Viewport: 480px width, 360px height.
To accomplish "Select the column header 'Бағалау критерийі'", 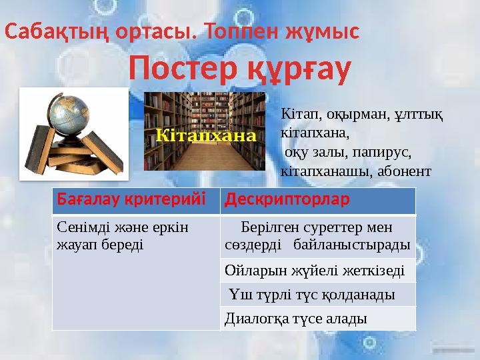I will click(x=132, y=199).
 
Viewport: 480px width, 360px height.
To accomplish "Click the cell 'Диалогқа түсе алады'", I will click(x=295, y=318).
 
